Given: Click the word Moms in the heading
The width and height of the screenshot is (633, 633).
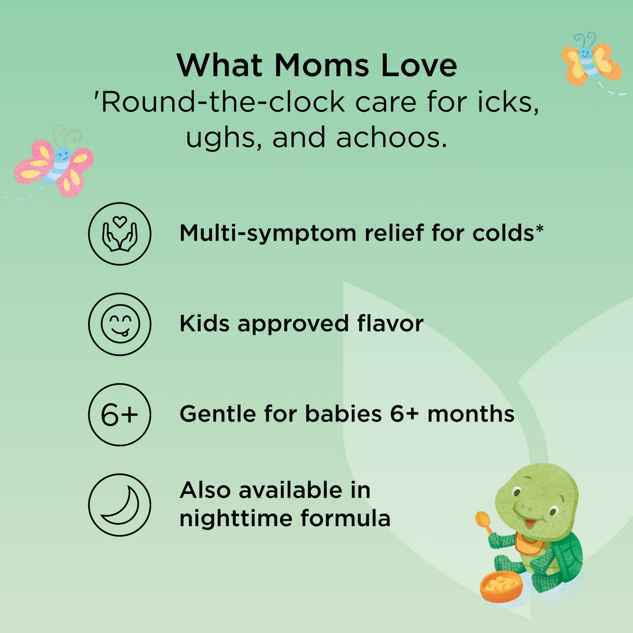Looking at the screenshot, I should (321, 65).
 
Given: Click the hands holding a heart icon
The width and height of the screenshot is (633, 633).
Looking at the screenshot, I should (120, 234).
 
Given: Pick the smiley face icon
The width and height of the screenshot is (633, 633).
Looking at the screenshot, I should (120, 324).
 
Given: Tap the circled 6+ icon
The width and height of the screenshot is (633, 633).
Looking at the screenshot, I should (120, 415).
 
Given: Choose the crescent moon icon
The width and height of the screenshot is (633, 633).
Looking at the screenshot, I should (120, 505).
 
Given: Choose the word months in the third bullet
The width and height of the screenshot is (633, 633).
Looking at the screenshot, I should (471, 414).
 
